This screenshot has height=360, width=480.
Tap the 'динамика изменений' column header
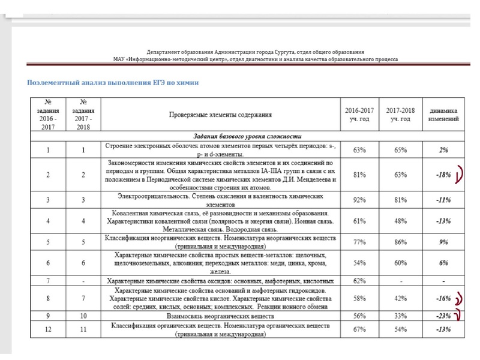coord(444,114)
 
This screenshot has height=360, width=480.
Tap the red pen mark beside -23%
coord(458,315)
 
